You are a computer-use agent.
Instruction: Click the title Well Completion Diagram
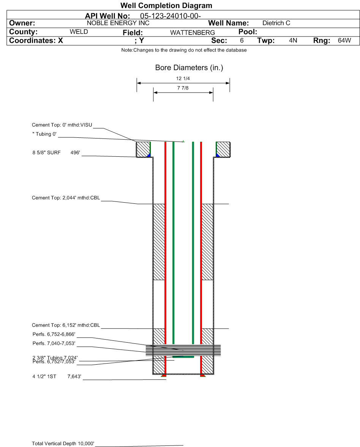pyautogui.click(x=166, y=5)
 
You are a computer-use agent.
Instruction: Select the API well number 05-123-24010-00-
pyautogui.click(x=171, y=16)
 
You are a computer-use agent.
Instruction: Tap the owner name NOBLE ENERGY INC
pyautogui.click(x=118, y=23)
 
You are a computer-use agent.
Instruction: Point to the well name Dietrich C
pyautogui.click(x=276, y=23)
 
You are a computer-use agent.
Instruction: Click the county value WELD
pyautogui.click(x=79, y=31)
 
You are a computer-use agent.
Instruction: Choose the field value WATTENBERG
pyautogui.click(x=193, y=33)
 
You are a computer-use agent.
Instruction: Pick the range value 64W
pyautogui.click(x=344, y=41)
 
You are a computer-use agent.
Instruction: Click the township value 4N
pyautogui.click(x=293, y=41)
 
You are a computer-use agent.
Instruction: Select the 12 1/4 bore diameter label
pyautogui.click(x=183, y=79)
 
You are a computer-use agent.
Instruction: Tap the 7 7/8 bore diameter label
pyautogui.click(x=183, y=88)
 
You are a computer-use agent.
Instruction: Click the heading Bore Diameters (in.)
pyautogui.click(x=189, y=68)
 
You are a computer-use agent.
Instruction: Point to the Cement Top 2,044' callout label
pyautogui.click(x=66, y=198)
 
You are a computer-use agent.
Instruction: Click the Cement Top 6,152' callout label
pyautogui.click(x=66, y=325)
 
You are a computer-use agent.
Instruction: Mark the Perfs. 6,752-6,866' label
pyautogui.click(x=54, y=334)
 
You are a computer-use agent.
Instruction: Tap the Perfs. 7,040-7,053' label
pyautogui.click(x=54, y=343)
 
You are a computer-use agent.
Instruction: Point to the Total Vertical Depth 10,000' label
pyautogui.click(x=63, y=444)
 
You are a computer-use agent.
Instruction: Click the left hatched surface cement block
pyautogui.click(x=143, y=150)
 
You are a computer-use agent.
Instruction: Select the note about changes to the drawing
pyautogui.click(x=184, y=50)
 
